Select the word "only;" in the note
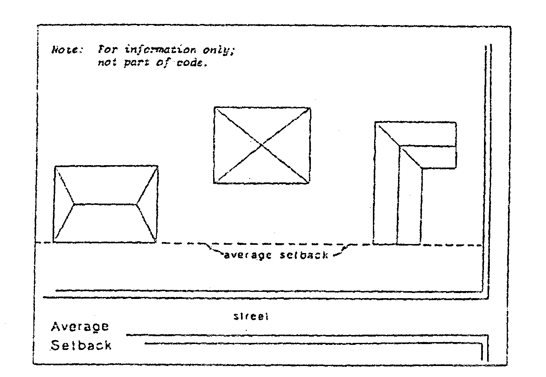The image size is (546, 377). [215, 51]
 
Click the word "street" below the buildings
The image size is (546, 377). [251, 316]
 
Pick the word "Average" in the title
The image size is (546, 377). [80, 327]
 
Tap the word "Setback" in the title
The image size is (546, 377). [81, 346]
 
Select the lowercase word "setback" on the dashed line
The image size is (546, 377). [303, 255]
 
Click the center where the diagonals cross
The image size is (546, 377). [262, 145]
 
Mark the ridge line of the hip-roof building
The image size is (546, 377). [105, 204]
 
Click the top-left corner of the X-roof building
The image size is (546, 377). [214, 107]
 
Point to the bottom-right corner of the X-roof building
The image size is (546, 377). [309, 183]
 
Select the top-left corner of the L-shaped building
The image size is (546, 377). [375, 123]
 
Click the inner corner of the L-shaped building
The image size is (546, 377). [422, 168]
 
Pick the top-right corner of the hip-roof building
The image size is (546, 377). [158, 166]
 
